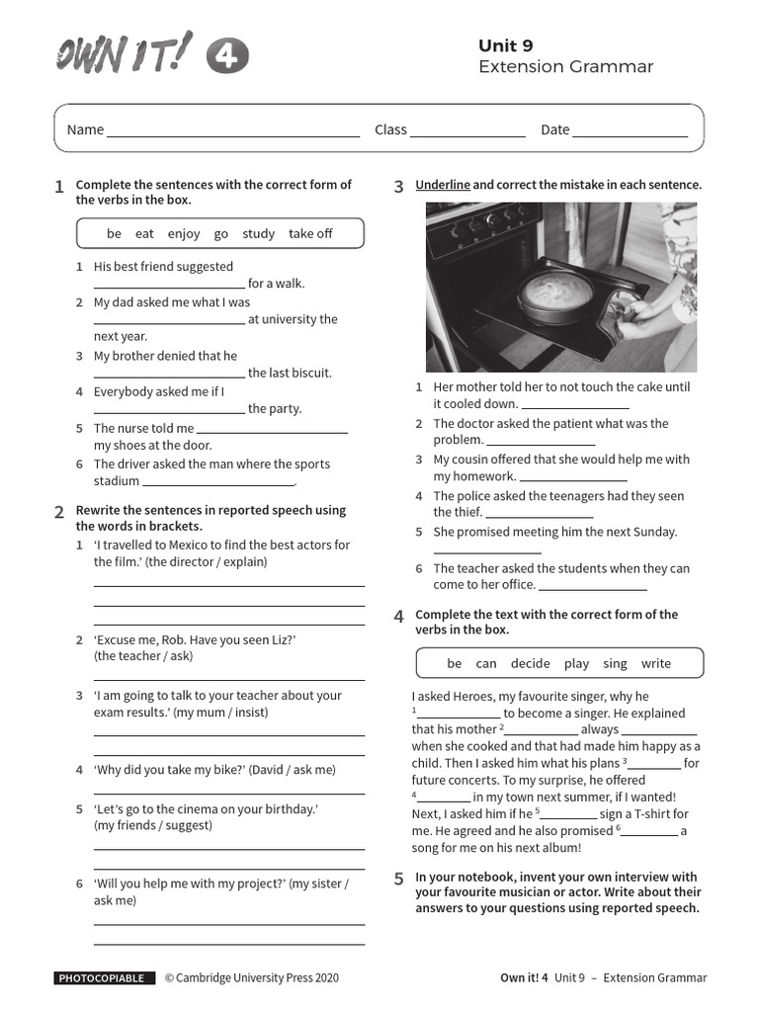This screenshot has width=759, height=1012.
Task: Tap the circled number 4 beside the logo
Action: tap(227, 57)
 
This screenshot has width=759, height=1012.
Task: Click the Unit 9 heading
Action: tap(505, 45)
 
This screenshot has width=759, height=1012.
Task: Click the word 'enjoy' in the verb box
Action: tap(184, 234)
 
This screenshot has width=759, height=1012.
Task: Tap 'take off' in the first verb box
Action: tap(310, 234)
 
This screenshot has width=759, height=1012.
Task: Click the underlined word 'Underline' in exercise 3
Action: tap(443, 185)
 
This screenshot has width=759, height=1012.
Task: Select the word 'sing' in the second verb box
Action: tap(615, 664)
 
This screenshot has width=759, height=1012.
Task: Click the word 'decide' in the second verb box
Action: tap(531, 664)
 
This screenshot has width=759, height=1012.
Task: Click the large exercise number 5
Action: tap(398, 879)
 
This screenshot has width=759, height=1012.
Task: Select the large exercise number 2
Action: tap(59, 512)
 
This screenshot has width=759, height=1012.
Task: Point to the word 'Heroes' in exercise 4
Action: tap(481, 697)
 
